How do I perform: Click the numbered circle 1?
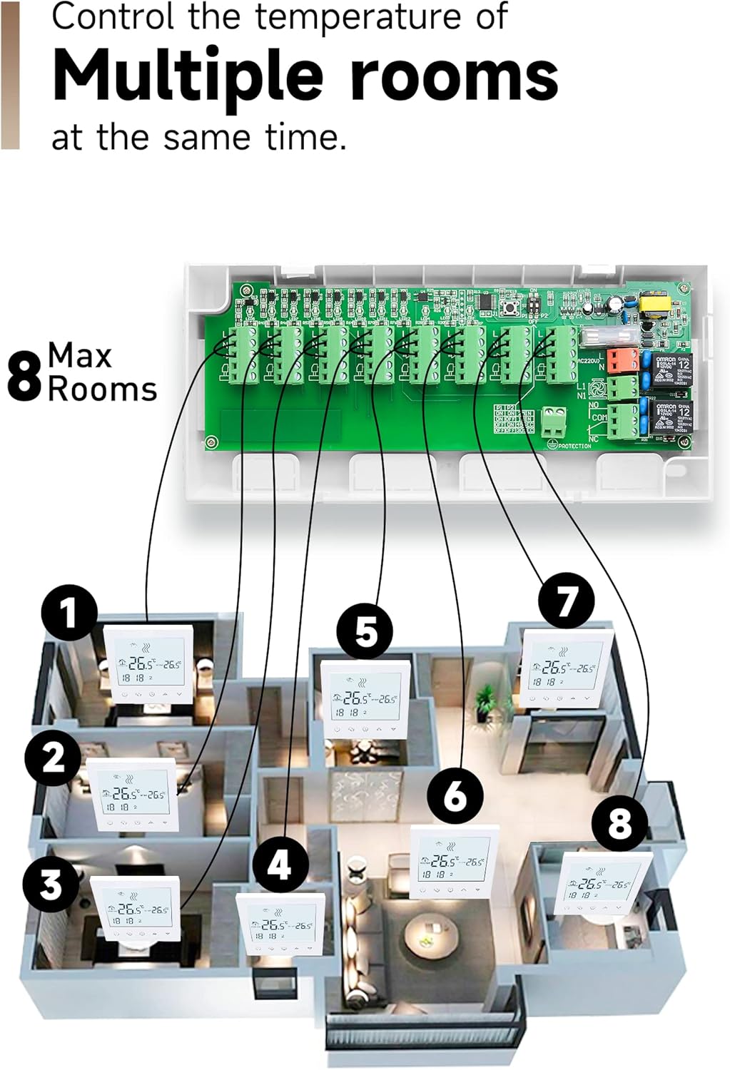tap(69, 612)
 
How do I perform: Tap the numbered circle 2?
tap(53, 758)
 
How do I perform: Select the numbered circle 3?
tap(51, 885)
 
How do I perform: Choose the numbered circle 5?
tap(365, 631)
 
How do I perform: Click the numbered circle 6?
tap(455, 795)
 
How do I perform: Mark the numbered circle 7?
tap(566, 601)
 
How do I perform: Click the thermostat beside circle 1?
tap(149, 664)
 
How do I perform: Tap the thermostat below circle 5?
tap(365, 700)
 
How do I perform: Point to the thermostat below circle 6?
tap(454, 864)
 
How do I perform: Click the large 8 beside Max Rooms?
tap(24, 377)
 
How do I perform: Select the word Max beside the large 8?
tap(80, 355)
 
